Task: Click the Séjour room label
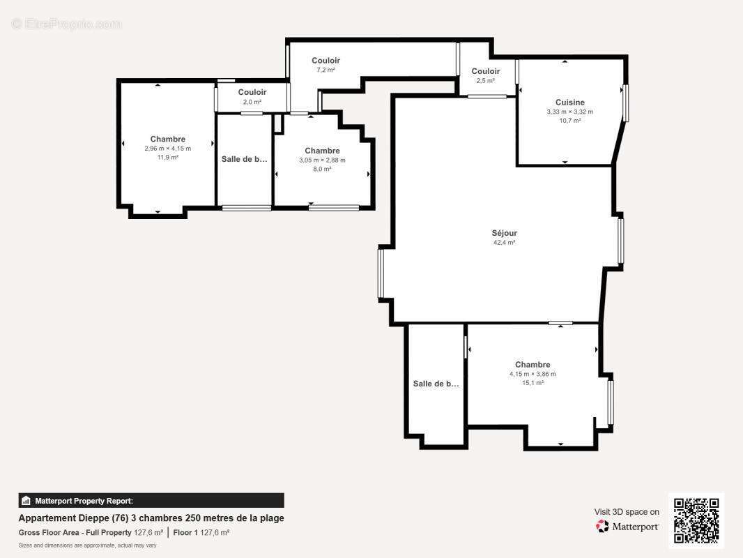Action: [504, 233]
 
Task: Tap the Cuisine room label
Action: [569, 103]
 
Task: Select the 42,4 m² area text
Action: [504, 243]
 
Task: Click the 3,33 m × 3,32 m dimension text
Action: [569, 112]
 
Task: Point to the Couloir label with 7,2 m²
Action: [325, 61]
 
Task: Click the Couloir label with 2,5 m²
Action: [485, 71]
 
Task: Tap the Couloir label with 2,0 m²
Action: [252, 92]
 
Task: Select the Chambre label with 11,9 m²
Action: [167, 139]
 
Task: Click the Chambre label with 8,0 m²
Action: [322, 151]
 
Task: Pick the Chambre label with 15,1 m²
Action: [533, 364]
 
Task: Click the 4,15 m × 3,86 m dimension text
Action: [533, 374]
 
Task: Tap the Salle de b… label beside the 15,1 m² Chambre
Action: [436, 384]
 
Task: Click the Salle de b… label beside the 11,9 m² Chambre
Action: [244, 159]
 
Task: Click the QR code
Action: [696, 520]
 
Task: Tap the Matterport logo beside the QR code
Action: [627, 527]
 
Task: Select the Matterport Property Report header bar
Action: [151, 500]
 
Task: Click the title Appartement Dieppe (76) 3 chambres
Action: [151, 518]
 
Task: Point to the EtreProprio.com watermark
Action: [66, 24]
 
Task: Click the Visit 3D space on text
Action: [626, 512]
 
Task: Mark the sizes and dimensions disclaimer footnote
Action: [87, 545]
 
